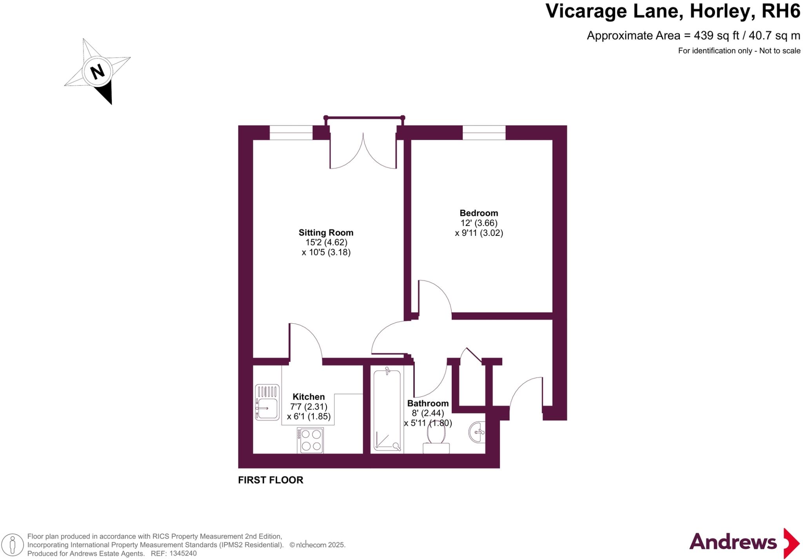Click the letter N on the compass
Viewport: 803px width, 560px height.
point(97,72)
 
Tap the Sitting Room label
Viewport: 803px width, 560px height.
point(326,232)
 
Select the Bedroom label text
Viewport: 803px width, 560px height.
point(479,213)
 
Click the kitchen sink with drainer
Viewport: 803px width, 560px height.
point(267,402)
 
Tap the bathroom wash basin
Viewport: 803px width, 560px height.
point(477,432)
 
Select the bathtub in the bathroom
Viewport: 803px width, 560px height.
point(387,410)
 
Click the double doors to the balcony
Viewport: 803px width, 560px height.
point(363,151)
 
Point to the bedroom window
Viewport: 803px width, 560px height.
point(484,133)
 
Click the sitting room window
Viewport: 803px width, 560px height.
point(291,133)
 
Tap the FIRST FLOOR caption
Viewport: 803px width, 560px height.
point(271,480)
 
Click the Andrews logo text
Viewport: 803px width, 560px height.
point(732,542)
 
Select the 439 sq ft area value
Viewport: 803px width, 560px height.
point(716,36)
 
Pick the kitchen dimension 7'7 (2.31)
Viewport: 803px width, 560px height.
point(309,407)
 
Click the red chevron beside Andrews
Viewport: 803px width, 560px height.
point(791,543)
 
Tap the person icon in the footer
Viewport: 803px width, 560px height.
point(12,545)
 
